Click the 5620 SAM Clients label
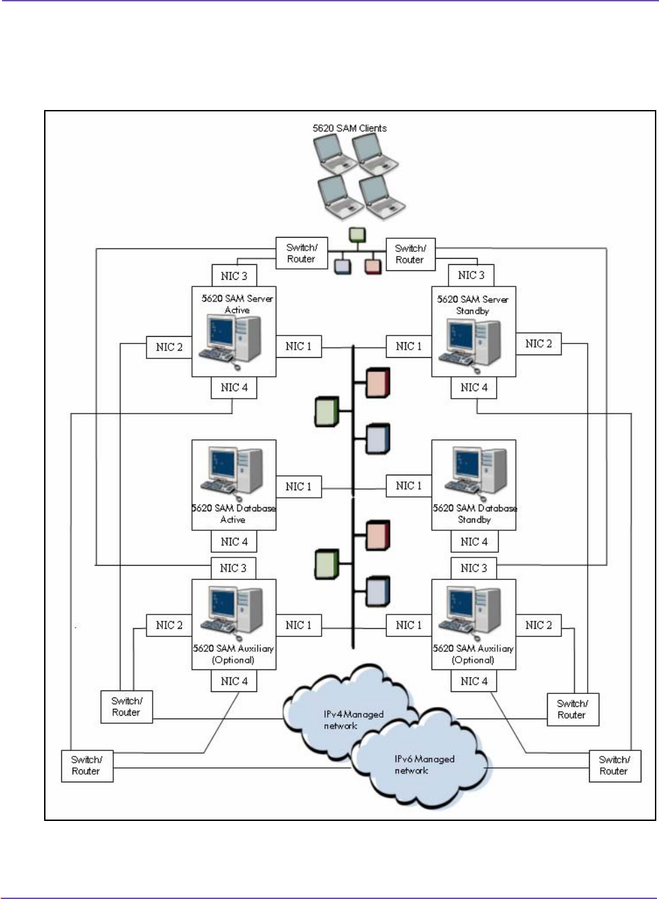pyautogui.click(x=350, y=128)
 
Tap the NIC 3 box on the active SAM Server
pyautogui.click(x=234, y=276)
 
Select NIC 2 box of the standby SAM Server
pyautogui.click(x=539, y=344)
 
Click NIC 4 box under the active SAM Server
pyautogui.click(x=234, y=388)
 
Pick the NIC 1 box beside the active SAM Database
pyautogui.click(x=299, y=487)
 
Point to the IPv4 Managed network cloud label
pyautogui.click(x=353, y=720)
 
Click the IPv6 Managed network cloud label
pyautogui.click(x=424, y=765)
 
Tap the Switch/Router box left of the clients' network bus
pyautogui.click(x=301, y=253)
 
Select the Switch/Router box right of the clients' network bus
pyautogui.click(x=410, y=254)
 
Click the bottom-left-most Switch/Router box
pyautogui.click(x=87, y=765)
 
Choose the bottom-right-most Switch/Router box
pyautogui.click(x=614, y=765)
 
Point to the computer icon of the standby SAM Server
pyautogui.click(x=474, y=343)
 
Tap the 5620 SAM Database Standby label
pyautogui.click(x=474, y=514)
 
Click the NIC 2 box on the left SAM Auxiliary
pyautogui.click(x=169, y=625)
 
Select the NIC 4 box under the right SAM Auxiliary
pyautogui.click(x=474, y=681)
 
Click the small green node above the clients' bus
pyautogui.click(x=357, y=235)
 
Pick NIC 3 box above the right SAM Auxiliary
pyautogui.click(x=474, y=568)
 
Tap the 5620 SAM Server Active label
pyautogui.click(x=237, y=304)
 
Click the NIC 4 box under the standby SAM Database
pyautogui.click(x=474, y=542)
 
